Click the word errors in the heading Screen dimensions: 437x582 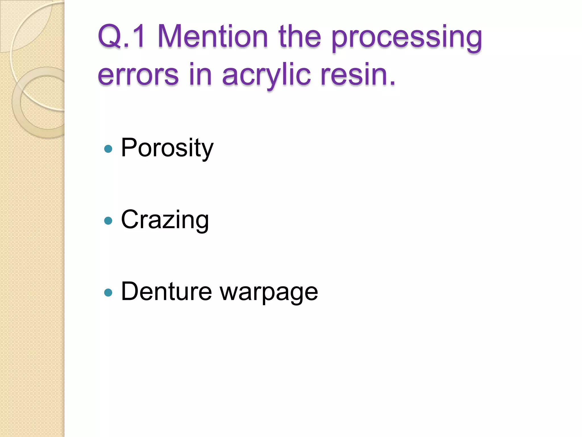tap(138, 75)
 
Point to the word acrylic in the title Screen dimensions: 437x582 tap(266, 75)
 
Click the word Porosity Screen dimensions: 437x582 tap(167, 148)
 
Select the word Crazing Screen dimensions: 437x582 tap(165, 220)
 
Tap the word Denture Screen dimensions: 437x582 tap(167, 291)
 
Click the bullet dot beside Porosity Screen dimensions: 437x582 tap(108, 149)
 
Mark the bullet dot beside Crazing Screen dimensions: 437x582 tap(108, 221)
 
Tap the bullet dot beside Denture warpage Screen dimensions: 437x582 tap(108, 292)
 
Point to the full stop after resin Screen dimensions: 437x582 tap(392, 83)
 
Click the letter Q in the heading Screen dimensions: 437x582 tap(109, 36)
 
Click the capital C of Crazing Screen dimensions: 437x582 tap(130, 219)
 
